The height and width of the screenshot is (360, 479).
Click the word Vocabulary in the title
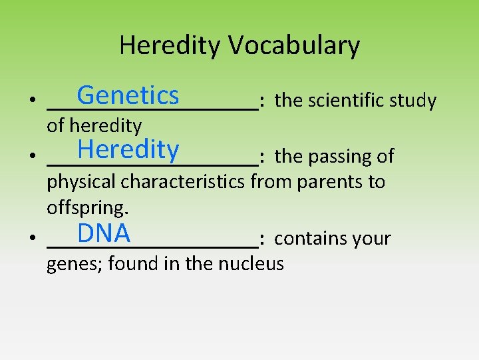click(x=295, y=45)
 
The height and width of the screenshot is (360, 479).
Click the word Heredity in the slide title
click(x=171, y=45)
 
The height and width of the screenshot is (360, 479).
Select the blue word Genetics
click(x=128, y=95)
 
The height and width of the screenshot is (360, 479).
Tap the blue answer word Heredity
click(x=128, y=149)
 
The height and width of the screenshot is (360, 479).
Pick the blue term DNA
click(x=103, y=233)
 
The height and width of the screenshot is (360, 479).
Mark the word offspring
click(x=87, y=208)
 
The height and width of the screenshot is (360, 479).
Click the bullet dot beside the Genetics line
click(x=32, y=101)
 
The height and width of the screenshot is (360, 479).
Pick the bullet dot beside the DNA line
click(x=32, y=239)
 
